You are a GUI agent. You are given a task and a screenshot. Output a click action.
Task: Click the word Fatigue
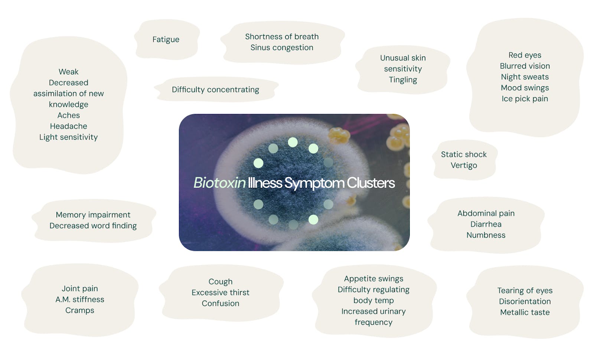166,39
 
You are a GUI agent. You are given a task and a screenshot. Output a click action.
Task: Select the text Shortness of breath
282,37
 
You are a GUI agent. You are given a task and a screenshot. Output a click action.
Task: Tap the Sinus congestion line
282,48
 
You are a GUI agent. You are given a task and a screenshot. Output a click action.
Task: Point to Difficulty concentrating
215,89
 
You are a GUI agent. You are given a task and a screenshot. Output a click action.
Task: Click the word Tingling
403,80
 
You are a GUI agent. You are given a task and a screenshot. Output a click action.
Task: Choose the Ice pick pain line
525,99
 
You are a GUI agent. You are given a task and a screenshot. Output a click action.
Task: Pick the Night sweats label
525,77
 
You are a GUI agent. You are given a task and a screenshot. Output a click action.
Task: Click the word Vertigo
464,166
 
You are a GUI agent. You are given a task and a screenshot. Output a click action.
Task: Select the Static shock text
464,154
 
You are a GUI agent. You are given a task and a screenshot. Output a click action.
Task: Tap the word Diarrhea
486,224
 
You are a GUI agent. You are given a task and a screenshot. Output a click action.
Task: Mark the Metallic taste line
525,312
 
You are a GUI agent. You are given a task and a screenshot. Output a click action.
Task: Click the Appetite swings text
373,279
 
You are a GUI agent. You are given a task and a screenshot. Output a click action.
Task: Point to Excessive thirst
221,292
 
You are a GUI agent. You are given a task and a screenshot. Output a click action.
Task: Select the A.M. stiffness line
80,300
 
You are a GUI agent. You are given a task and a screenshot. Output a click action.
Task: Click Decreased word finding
93,226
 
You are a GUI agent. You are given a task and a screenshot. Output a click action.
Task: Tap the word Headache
68,126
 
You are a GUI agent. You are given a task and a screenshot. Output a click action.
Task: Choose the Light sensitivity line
68,137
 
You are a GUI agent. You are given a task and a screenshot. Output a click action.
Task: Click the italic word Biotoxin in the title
219,183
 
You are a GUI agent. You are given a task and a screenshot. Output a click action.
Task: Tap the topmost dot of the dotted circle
293,143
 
